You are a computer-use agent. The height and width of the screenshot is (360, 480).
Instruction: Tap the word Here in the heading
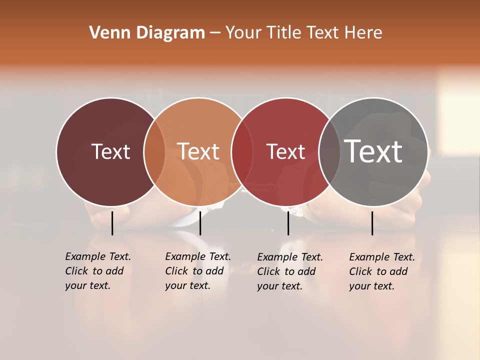click(363, 33)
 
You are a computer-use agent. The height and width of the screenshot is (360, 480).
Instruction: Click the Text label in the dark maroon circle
click(110, 151)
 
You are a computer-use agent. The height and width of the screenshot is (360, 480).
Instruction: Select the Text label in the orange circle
click(198, 151)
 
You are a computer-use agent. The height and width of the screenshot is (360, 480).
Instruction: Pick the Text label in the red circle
click(285, 151)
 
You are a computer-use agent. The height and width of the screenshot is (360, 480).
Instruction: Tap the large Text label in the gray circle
click(373, 151)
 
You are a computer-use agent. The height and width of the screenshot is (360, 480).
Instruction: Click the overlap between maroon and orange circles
click(154, 151)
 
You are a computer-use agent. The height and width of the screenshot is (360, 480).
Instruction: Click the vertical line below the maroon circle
click(112, 223)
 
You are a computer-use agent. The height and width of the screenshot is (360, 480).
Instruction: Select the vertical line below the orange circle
click(200, 223)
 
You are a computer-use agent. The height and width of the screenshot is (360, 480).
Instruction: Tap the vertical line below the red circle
click(288, 223)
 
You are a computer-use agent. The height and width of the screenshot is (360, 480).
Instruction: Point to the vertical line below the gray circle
click(372, 223)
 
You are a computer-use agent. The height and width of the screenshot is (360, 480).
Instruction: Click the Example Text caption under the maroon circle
click(98, 271)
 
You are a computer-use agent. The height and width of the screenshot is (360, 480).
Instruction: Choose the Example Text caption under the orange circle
click(198, 271)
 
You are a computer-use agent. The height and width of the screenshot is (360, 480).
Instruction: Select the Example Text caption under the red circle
click(290, 271)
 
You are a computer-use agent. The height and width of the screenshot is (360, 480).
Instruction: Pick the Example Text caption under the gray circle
click(382, 271)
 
